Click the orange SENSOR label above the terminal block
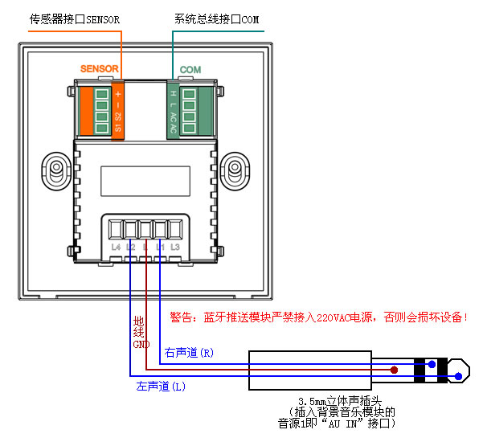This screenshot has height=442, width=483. pos(100,70)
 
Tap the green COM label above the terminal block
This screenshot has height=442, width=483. pos(190,70)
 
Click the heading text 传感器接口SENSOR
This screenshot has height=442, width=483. pos(73,18)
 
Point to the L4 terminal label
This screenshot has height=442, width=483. pos(116,247)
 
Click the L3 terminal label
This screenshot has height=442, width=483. pos(174,247)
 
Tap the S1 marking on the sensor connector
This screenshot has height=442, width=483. pos(118,128)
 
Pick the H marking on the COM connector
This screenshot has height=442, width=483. pos(173,94)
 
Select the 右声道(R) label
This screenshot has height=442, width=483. pos(189,353)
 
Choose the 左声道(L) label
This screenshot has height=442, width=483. pos(162,387)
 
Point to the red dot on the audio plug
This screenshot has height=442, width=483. pos(394,370)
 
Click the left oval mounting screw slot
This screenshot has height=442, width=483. pos(56,171)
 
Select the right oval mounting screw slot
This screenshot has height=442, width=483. pos(235,171)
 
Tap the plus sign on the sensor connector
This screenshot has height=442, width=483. pos(118,93)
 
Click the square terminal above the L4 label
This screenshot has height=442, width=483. pos(116,228)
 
